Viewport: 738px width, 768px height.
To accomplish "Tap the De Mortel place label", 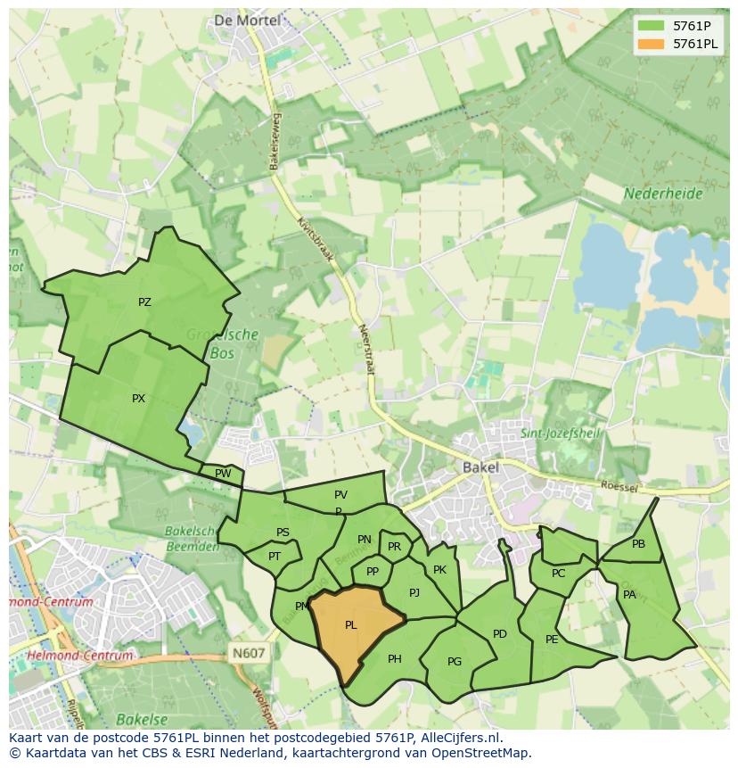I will coord(247,20).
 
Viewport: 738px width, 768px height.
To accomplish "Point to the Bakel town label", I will coord(480,467).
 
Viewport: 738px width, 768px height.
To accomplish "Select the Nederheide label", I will coord(663,193).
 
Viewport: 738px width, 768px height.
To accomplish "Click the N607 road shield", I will coord(249,653).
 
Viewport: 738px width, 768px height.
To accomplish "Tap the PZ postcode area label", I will coord(144,302).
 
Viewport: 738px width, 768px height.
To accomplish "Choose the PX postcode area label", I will coord(138,399).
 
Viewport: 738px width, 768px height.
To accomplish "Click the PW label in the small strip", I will coord(223,474).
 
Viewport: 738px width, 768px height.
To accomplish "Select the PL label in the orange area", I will coord(350,625).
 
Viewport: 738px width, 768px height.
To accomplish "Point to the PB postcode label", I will coord(638,544).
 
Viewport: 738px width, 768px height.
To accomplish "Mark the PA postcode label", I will coord(629,595).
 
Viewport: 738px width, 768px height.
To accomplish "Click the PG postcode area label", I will coord(455,662).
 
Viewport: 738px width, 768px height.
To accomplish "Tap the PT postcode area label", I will coord(275,557).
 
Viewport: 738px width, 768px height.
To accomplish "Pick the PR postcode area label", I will coord(394,547).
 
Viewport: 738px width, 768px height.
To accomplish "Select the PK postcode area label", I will coord(439,570).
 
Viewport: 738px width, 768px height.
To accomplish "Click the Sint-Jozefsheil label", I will coord(561,434).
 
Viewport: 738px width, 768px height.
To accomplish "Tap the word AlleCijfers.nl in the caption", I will coord(460,738).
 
